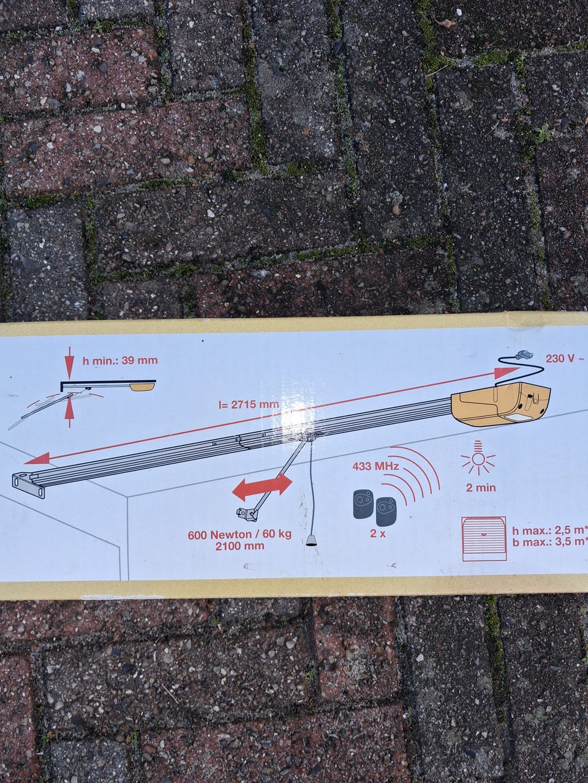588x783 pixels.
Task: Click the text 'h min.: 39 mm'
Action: (120, 360)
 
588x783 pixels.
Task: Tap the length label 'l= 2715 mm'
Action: (249, 405)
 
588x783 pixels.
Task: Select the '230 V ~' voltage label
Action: (566, 359)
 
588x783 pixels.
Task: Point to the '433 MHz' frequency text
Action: (375, 466)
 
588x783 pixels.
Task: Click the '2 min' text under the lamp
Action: (481, 488)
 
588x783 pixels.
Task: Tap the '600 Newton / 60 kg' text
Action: (239, 535)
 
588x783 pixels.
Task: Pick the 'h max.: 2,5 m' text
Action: (549, 531)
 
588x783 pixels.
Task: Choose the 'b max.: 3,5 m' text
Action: (549, 542)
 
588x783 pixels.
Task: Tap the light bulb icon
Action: (478, 458)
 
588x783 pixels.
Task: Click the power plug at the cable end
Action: (521, 355)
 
